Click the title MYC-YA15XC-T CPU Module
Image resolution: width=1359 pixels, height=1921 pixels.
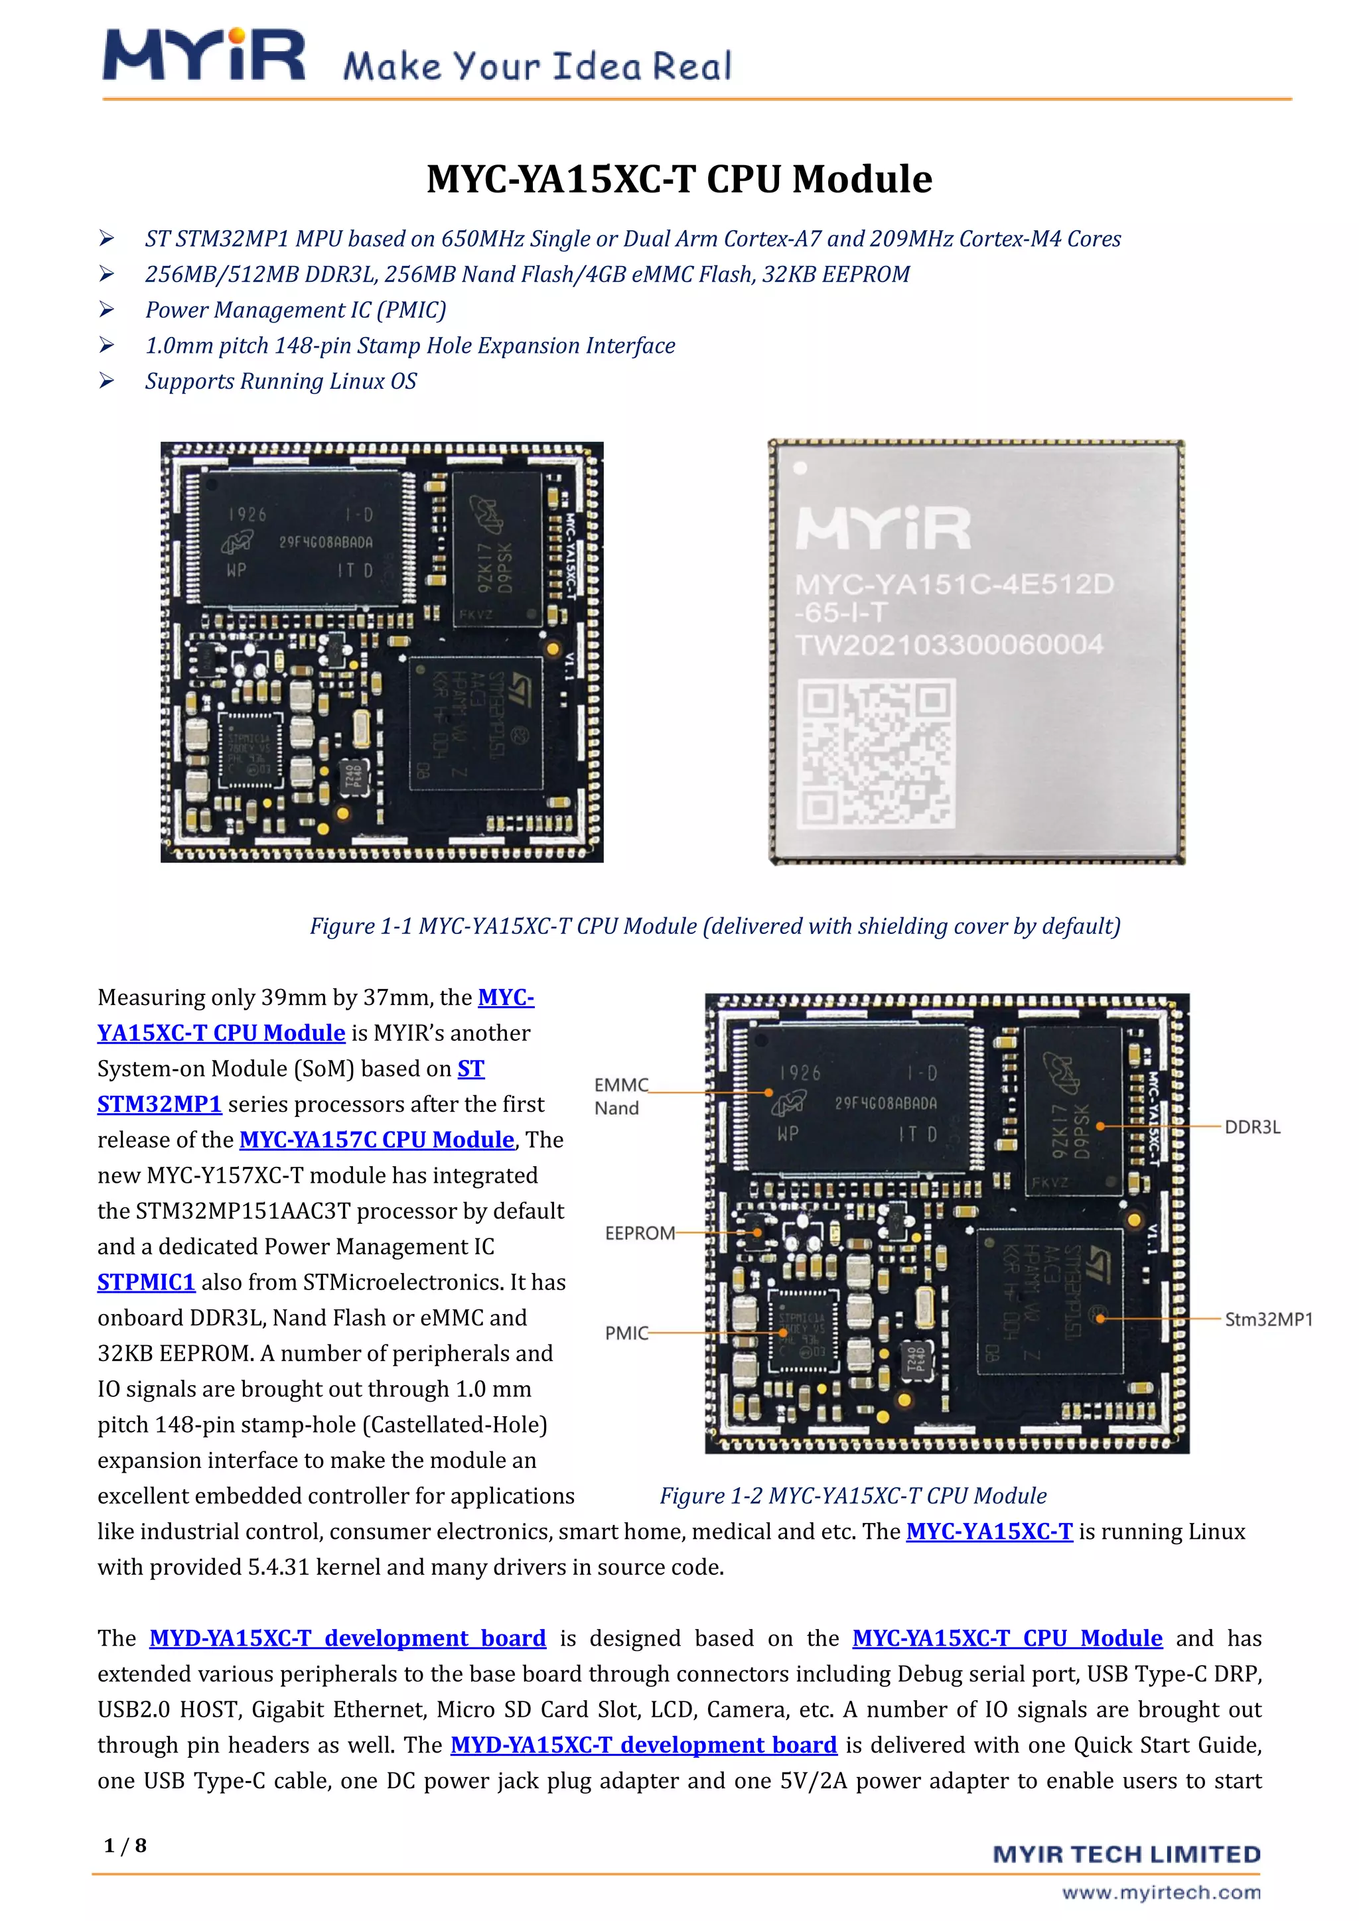click(x=679, y=179)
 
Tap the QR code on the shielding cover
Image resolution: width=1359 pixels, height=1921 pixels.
click(x=875, y=753)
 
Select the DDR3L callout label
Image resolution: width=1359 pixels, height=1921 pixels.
click(x=1252, y=1127)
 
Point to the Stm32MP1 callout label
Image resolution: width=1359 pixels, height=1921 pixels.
click(x=1268, y=1319)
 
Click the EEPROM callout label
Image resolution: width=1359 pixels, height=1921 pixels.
click(x=639, y=1233)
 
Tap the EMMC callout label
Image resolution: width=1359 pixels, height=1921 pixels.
click(x=621, y=1085)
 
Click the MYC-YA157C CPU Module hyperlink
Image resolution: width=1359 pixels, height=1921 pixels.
click(x=376, y=1140)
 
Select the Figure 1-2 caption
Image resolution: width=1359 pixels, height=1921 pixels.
click(x=853, y=1495)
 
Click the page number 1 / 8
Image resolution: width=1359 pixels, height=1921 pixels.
click(x=125, y=1845)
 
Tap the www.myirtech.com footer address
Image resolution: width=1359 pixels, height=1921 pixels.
click(x=1161, y=1892)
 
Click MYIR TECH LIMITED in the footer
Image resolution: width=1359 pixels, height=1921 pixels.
click(x=1126, y=1855)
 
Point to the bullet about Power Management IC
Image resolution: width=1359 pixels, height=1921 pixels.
click(x=295, y=310)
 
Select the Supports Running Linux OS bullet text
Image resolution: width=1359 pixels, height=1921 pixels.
click(x=280, y=381)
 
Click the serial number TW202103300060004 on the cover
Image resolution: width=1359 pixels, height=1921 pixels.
click(x=948, y=645)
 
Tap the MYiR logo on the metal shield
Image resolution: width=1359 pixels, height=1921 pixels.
click(x=883, y=528)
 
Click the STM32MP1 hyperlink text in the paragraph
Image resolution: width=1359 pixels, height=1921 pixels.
click(x=159, y=1104)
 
